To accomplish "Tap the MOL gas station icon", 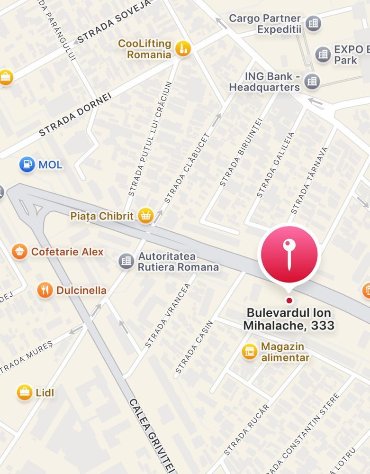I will click(27, 164).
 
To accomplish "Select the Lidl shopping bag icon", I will click(24, 392).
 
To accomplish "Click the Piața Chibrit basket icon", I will click(145, 216).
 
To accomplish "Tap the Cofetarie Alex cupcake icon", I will click(19, 251).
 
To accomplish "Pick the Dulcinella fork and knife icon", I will click(45, 290).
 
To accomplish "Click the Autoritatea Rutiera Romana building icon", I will click(126, 261).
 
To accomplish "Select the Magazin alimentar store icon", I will click(249, 352).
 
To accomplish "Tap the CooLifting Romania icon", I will click(182, 48).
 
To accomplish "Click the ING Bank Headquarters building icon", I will click(312, 81).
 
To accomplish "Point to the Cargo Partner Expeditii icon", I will click(313, 23).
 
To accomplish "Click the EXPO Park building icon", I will click(323, 54).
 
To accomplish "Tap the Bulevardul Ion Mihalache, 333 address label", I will click(289, 319).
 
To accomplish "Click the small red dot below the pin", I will click(289, 300).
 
